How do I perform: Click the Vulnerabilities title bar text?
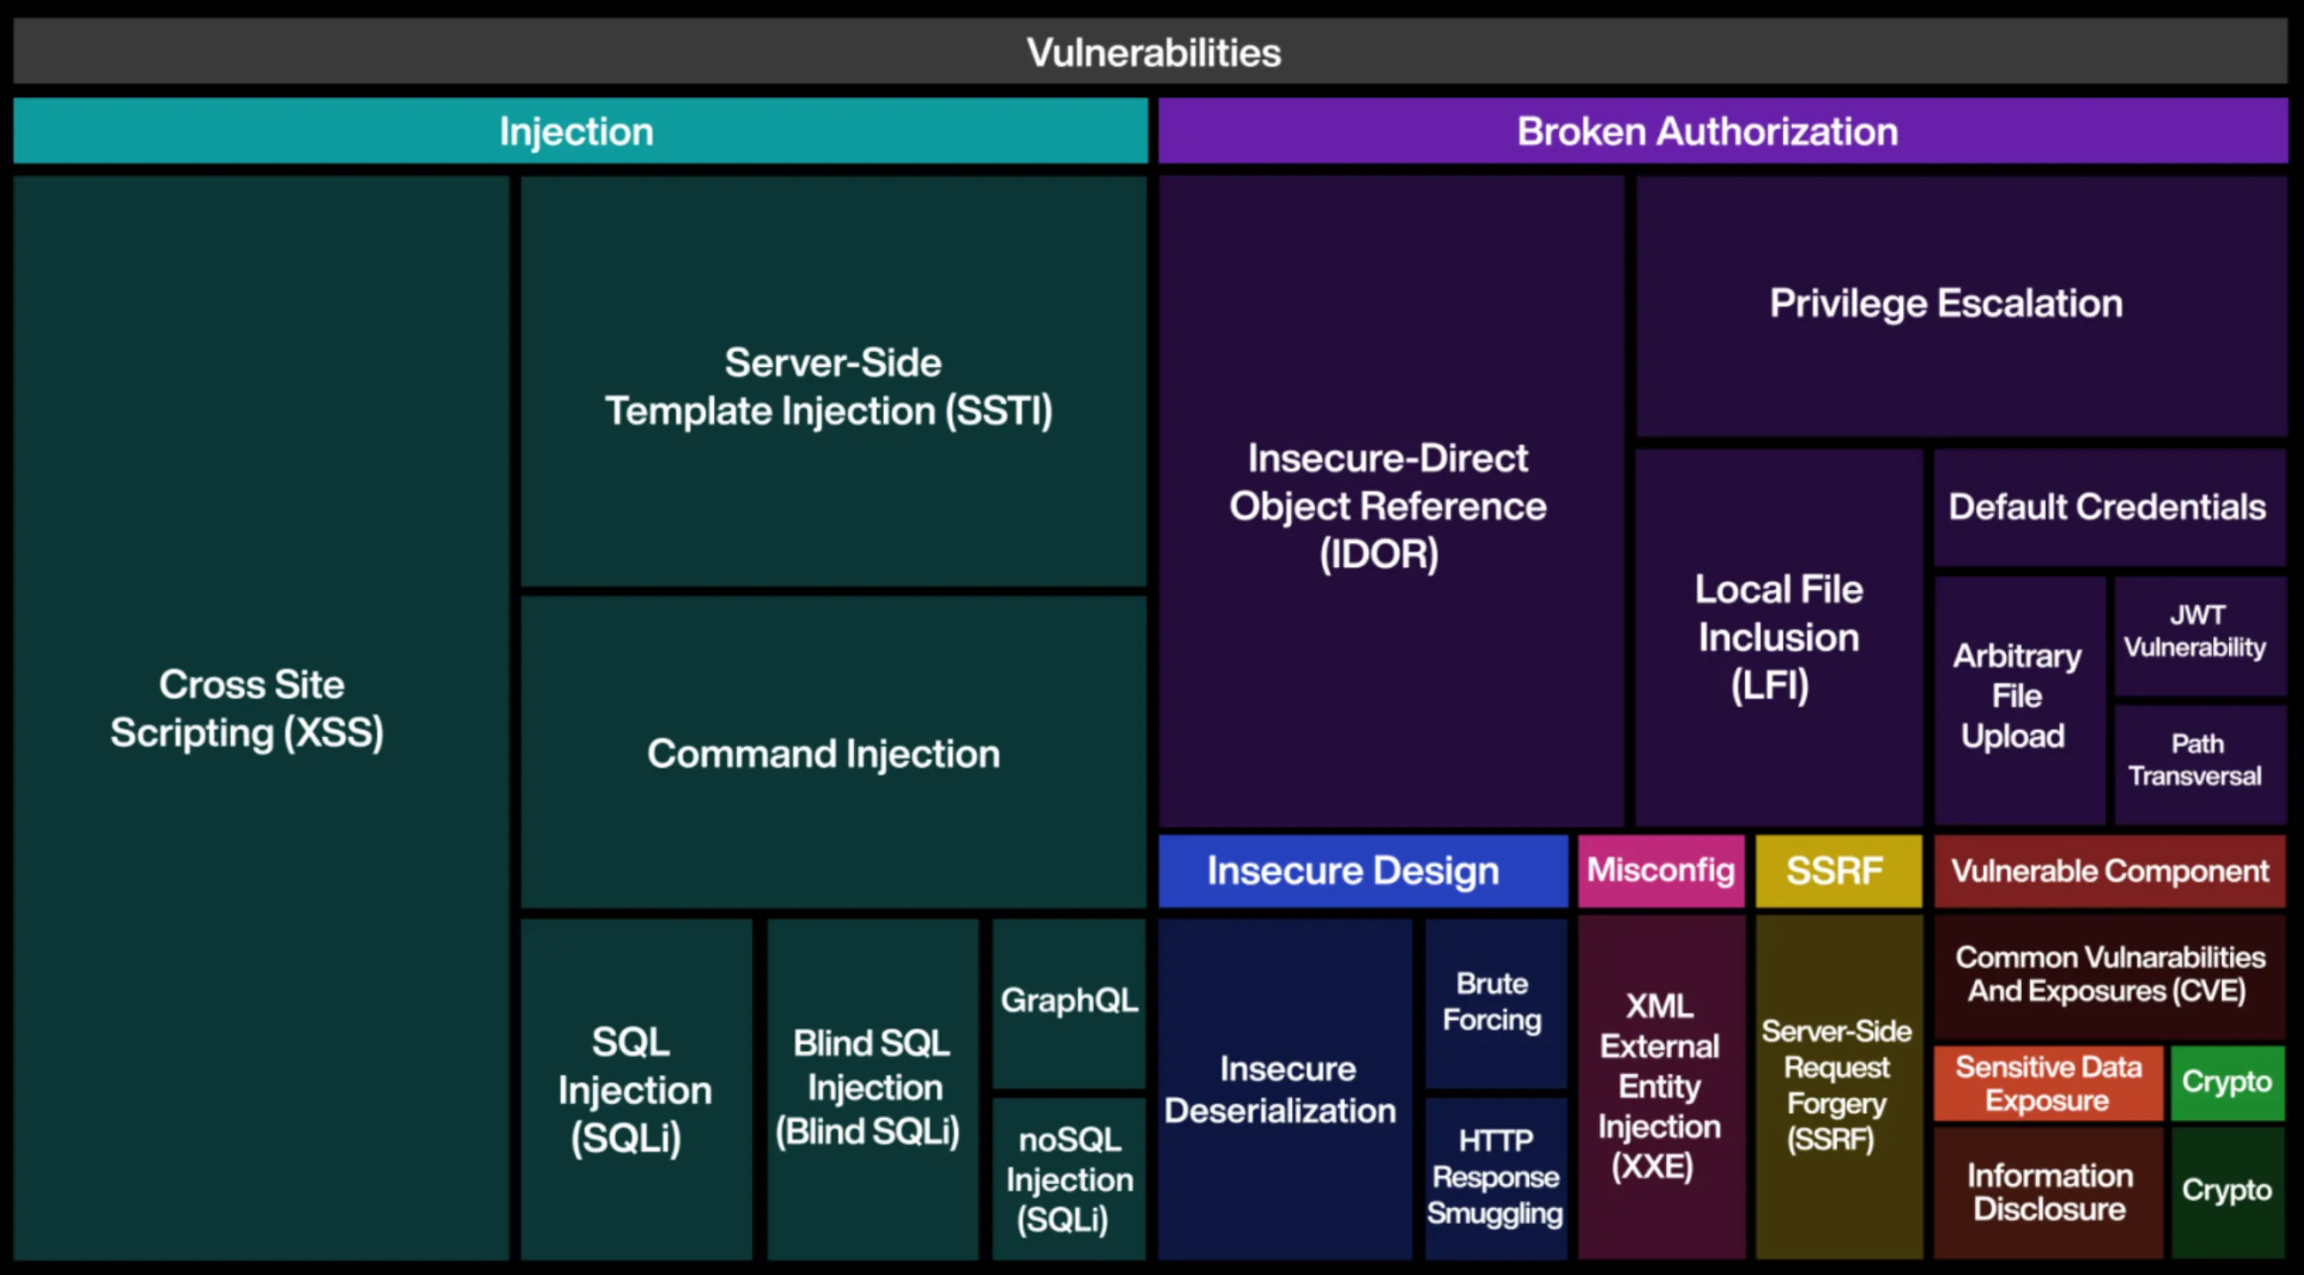1152,52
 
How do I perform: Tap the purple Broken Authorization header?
1706,131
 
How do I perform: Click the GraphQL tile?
1069,1000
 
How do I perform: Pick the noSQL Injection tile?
1069,1179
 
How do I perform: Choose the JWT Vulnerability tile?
2196,631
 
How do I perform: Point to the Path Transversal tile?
2196,761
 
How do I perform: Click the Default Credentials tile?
2107,507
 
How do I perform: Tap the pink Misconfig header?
1660,870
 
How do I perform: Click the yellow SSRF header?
1836,870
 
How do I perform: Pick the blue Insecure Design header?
1354,870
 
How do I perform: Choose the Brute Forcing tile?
1493,1001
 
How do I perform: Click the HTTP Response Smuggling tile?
1495,1176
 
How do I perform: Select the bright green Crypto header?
2226,1082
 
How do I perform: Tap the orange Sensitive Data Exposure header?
2048,1083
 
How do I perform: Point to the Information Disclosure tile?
2049,1192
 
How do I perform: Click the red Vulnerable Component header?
2109,870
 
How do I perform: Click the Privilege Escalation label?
1945,303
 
